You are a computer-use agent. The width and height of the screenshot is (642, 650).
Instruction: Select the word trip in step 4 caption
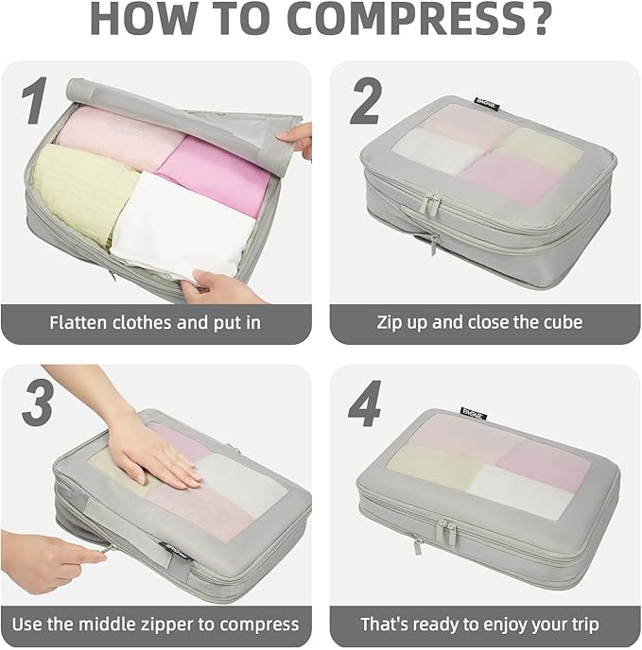pos(579,624)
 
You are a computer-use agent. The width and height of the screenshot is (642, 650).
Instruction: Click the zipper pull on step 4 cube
pos(417,546)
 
